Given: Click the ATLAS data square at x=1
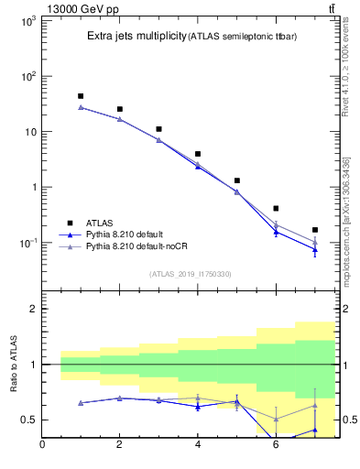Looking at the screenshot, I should coord(81,95).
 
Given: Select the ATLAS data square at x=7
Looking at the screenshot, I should coord(315,230).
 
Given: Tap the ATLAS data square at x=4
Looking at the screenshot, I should coord(198,154).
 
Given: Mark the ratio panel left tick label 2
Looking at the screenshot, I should coord(33,310).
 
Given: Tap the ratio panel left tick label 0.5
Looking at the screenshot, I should coord(28,420).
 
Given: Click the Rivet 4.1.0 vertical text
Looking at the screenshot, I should coord(346,69).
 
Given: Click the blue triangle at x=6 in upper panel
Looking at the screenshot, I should coord(276,232).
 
